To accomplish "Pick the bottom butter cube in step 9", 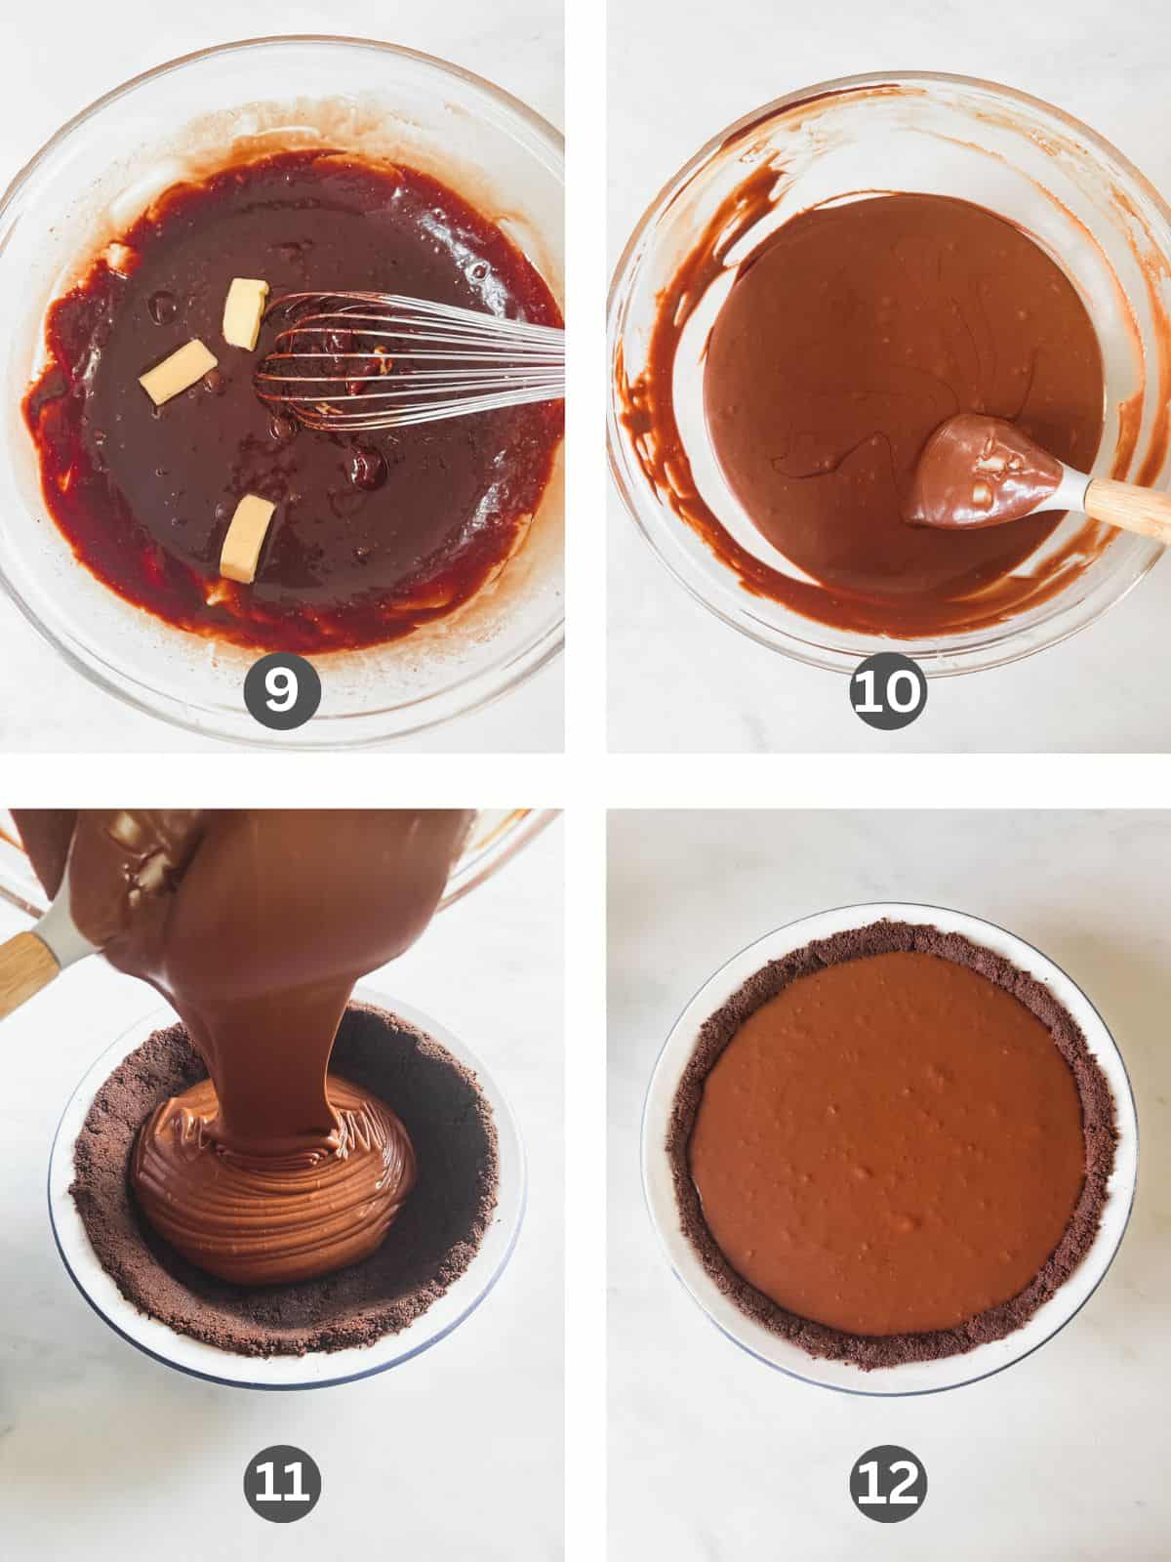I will (x=246, y=536).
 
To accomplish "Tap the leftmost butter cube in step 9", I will (x=179, y=372).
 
